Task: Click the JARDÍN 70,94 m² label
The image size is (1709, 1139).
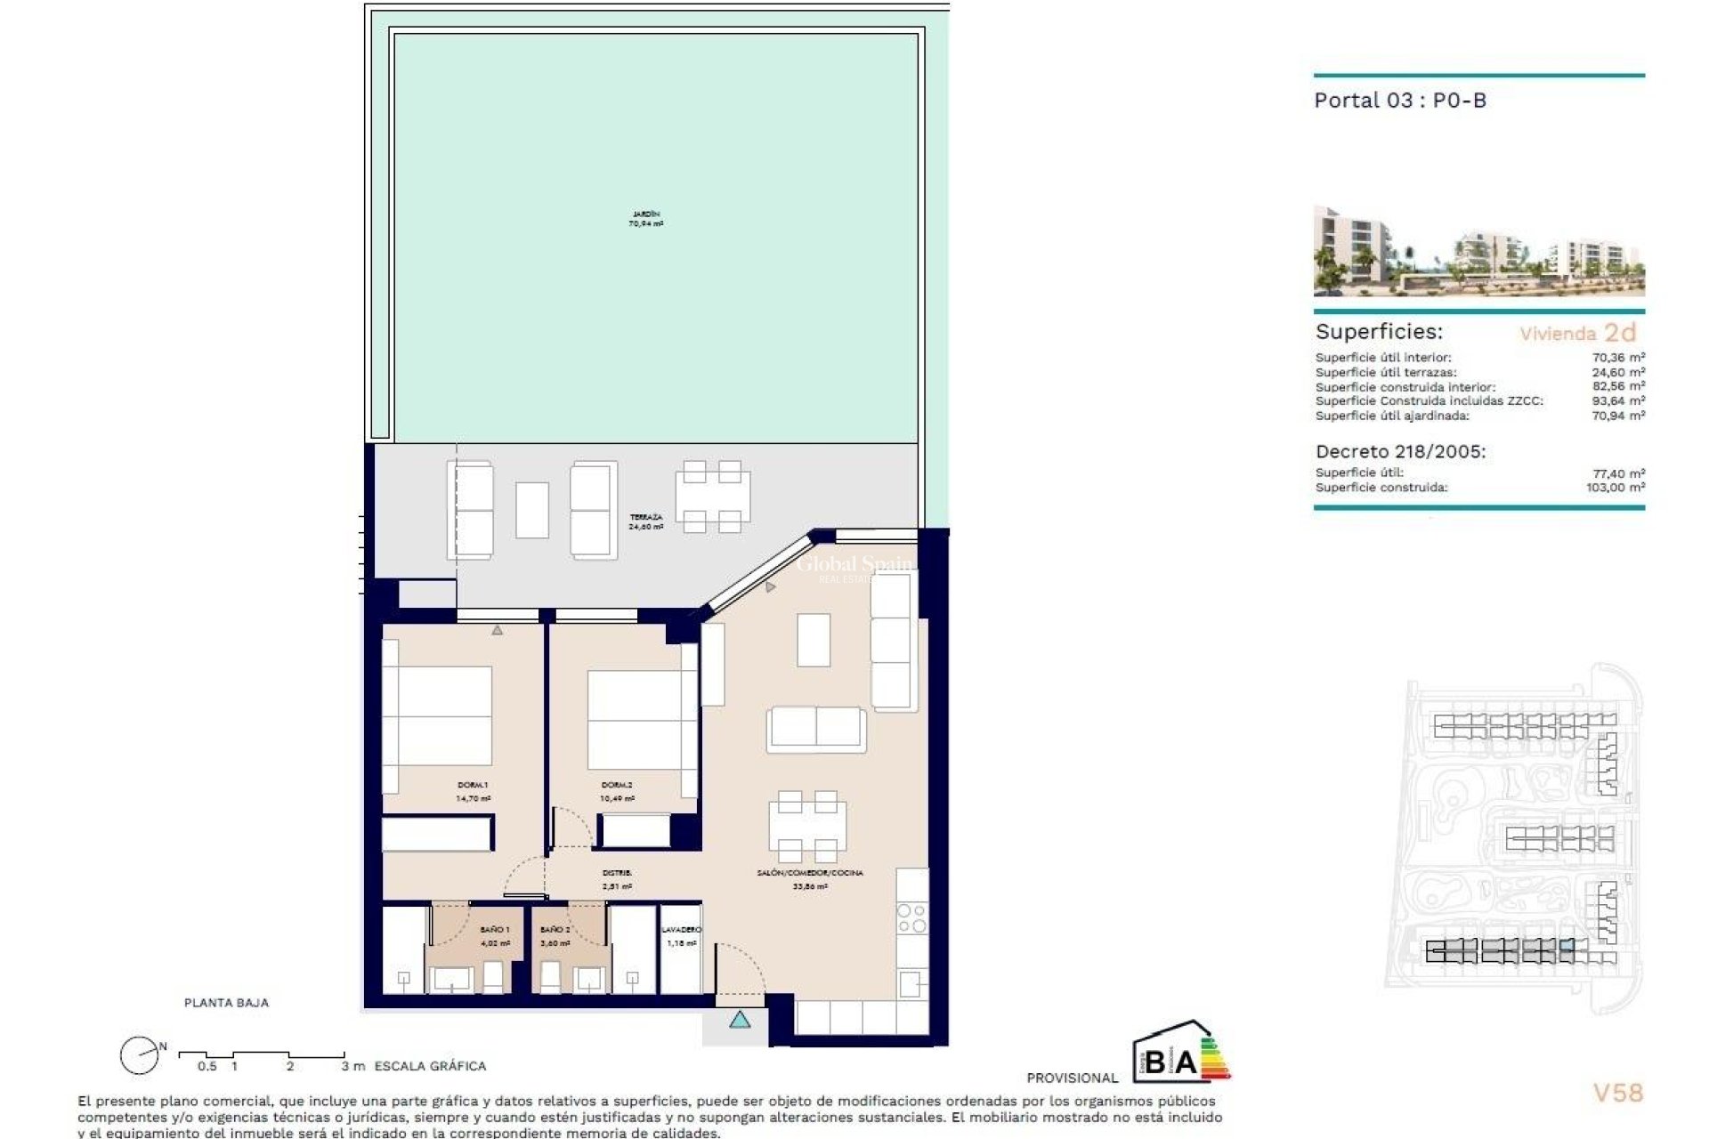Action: tap(646, 219)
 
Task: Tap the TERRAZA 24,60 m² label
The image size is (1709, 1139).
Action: tap(645, 521)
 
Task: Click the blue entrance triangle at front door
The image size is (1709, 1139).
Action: tap(740, 1020)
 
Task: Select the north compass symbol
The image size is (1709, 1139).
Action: tap(138, 1055)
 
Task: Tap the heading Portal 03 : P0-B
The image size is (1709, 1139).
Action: tap(1400, 101)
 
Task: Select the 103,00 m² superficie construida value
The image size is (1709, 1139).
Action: tap(1615, 488)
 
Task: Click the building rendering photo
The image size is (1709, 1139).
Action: tap(1478, 251)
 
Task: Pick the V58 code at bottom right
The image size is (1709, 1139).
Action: tap(1617, 1093)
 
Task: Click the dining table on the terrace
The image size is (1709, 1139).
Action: tap(712, 497)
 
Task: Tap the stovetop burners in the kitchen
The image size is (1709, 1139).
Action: tap(911, 918)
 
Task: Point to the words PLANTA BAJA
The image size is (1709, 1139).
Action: tap(226, 1002)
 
